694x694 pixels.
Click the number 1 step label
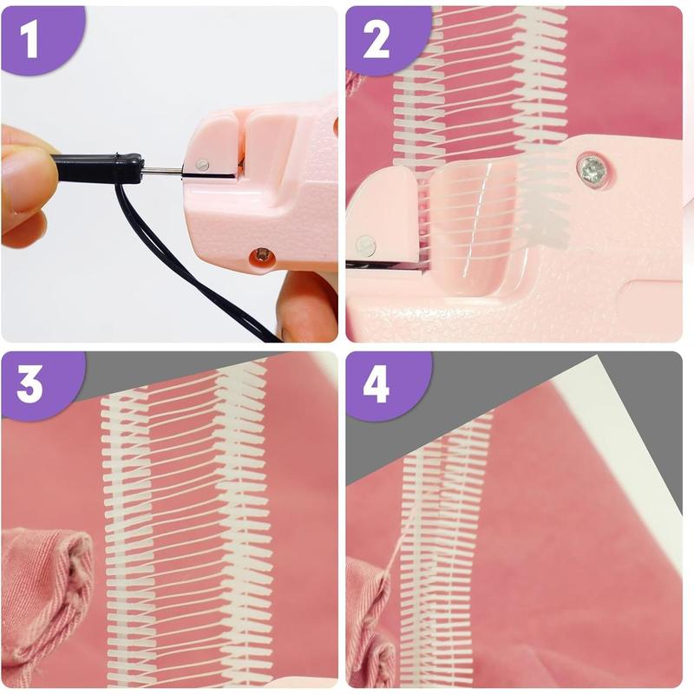(29, 41)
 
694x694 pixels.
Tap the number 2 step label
(376, 41)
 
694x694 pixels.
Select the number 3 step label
(29, 386)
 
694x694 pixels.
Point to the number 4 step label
(376, 386)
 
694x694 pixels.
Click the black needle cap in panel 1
(98, 167)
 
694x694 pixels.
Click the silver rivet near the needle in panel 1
(202, 165)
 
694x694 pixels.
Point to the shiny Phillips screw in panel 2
(593, 167)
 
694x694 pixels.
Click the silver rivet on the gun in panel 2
(366, 246)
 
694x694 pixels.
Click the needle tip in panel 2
(348, 265)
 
